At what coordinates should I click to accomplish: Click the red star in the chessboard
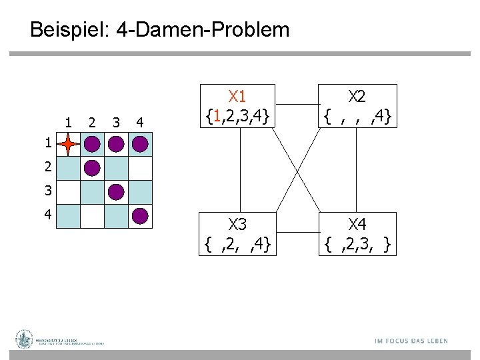tap(69, 144)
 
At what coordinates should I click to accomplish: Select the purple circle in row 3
tap(117, 192)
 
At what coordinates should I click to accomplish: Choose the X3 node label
tap(238, 223)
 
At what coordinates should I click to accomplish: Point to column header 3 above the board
tap(117, 122)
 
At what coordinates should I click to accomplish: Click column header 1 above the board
tap(69, 122)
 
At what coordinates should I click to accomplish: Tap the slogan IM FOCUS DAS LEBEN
tap(411, 341)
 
